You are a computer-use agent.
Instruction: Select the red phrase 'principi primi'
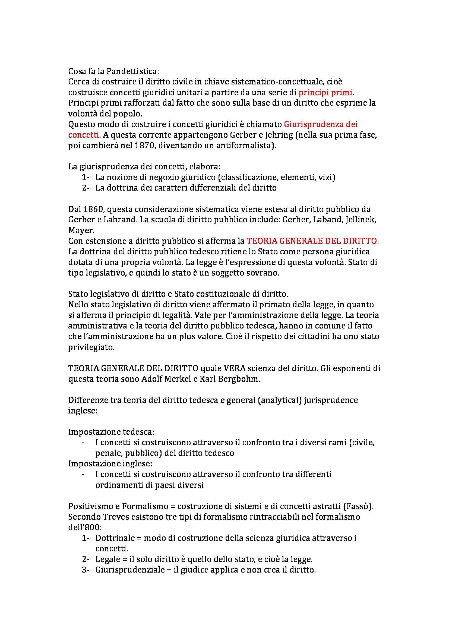pos(325,93)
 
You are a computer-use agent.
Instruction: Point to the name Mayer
pos(81,230)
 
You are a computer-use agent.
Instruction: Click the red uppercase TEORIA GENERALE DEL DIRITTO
pos(312,241)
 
